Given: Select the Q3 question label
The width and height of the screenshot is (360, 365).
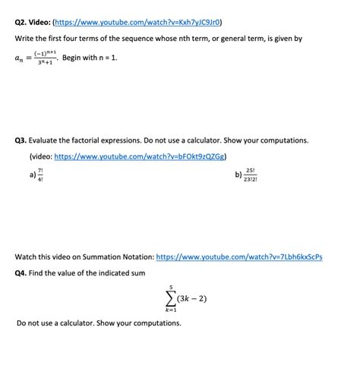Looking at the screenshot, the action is [24, 140].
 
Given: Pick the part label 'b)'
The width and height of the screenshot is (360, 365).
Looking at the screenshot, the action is [238, 174].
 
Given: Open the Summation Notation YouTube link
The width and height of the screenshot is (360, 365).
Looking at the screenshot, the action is [239, 256].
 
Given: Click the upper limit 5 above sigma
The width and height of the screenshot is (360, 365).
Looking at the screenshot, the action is [172, 285].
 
